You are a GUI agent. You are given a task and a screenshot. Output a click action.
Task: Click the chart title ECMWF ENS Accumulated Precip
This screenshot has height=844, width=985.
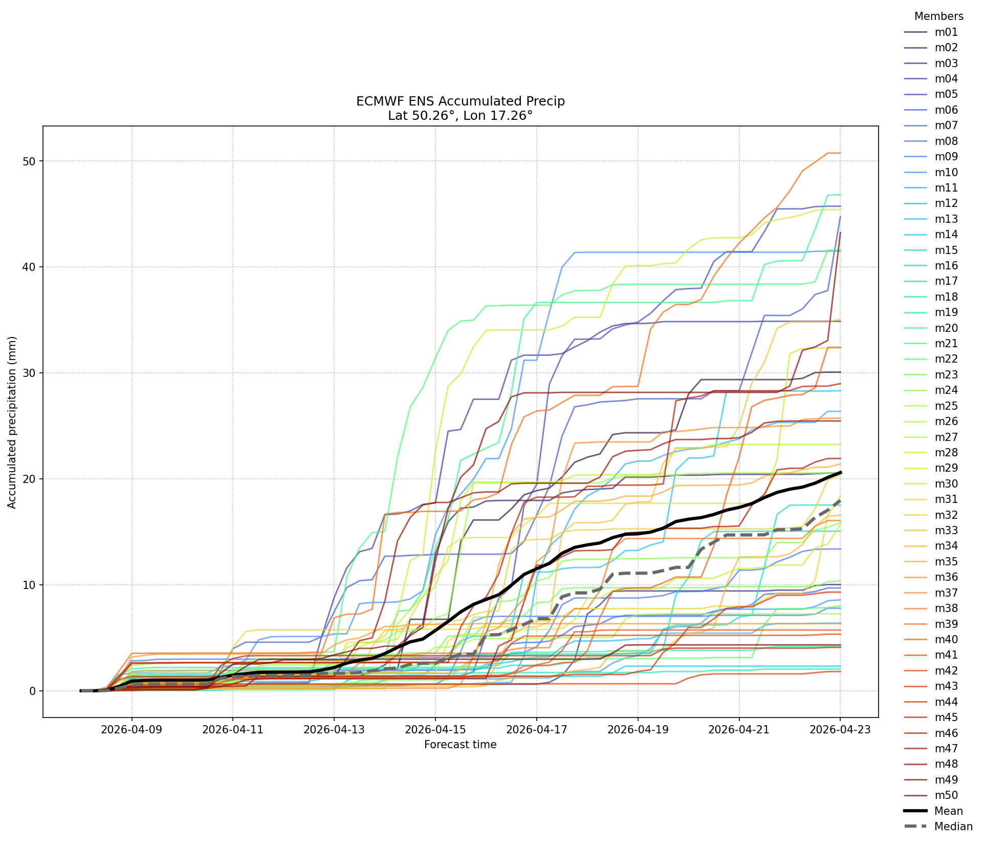point(461,101)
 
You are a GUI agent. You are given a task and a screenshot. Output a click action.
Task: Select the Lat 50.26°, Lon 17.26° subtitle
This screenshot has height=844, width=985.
point(461,116)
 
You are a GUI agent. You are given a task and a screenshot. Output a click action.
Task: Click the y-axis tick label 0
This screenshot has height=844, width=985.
point(33,691)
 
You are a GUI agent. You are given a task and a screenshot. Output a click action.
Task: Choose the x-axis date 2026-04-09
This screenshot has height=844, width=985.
point(132,729)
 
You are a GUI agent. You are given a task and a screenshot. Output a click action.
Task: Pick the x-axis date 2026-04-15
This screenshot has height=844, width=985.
point(435,729)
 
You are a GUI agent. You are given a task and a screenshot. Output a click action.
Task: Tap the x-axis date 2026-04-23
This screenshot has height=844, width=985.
point(840,729)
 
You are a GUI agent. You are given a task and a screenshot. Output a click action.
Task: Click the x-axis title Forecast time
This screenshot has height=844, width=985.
point(461,745)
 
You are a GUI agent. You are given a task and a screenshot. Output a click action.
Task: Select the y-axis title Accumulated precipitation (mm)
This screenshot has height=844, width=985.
point(12,423)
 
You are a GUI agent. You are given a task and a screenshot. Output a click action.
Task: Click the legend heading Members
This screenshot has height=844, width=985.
point(939,16)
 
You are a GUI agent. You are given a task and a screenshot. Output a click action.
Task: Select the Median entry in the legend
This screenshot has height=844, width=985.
point(938,827)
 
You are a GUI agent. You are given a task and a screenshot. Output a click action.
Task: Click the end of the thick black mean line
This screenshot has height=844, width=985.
point(840,473)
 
